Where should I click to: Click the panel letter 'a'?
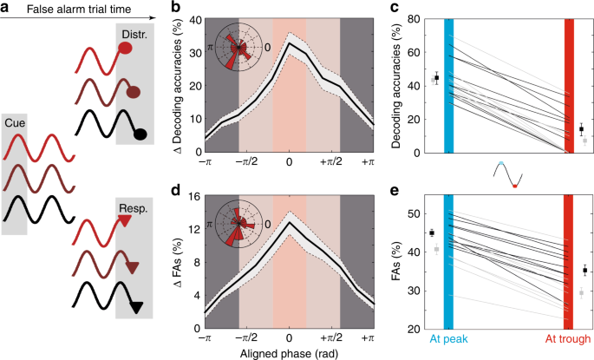[x=6, y=8]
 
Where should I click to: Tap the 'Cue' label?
[x=16, y=123]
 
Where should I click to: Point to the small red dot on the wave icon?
[x=514, y=185]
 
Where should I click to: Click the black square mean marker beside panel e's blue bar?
[x=431, y=232]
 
